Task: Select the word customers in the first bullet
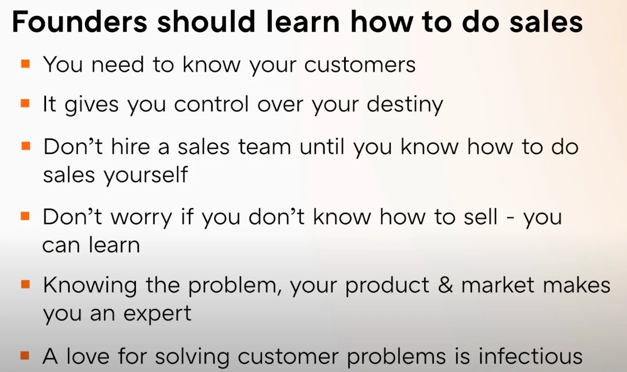coord(360,64)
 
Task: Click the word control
coord(213,105)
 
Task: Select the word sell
coord(478,217)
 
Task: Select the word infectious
coord(530,356)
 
